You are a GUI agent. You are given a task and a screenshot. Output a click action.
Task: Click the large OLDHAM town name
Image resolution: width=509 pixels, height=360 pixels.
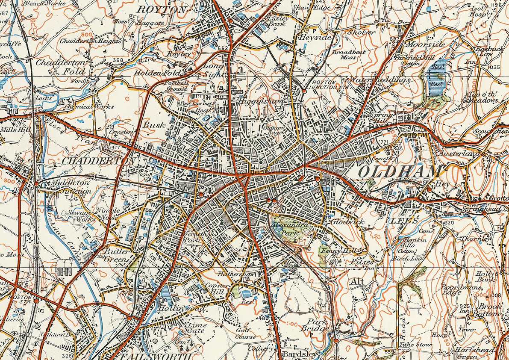[x=399, y=172]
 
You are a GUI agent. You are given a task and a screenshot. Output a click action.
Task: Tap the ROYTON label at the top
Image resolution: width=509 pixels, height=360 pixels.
[x=162, y=9]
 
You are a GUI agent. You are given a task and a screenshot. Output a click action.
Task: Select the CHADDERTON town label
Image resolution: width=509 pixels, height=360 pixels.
[x=99, y=161]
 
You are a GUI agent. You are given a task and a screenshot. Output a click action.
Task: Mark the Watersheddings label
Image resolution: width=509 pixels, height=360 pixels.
[x=380, y=80]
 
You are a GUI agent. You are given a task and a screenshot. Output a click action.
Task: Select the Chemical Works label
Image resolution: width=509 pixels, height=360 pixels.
[x=90, y=106]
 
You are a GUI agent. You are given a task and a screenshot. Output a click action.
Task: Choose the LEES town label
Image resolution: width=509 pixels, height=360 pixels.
[x=401, y=221]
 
